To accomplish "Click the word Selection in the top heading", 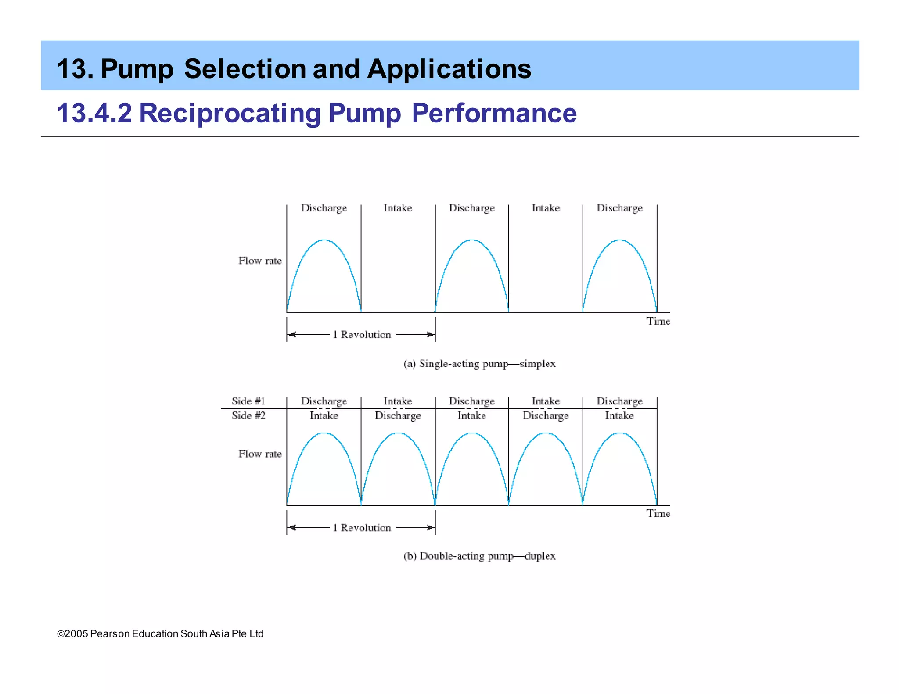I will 245,69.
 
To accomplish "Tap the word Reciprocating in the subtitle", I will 230,113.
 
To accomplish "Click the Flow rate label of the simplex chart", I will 260,261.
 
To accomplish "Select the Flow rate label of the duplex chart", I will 260,454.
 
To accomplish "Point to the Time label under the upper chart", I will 658,321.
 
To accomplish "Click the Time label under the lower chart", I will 658,513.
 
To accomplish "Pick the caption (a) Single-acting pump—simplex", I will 479,364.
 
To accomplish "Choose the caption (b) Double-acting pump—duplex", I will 479,556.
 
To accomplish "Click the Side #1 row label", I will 248,401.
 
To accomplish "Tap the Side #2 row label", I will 248,415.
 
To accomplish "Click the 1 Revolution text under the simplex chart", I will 362,335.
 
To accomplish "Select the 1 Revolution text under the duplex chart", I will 362,528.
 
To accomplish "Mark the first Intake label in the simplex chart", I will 398,208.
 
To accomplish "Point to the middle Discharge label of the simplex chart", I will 471,208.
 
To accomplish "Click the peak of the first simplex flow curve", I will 324,240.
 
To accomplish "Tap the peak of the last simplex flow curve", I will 619,240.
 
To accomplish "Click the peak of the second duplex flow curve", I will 398,433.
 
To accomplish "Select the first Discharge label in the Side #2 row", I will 398,415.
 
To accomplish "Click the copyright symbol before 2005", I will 61,634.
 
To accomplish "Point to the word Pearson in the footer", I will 110,634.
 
